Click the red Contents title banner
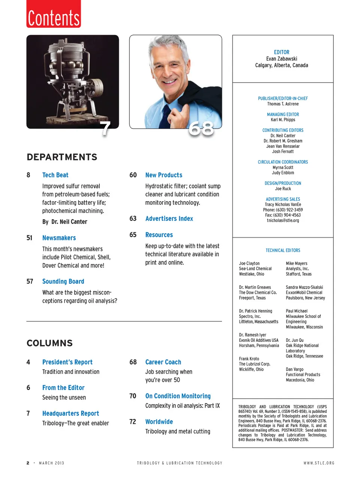[x=54, y=14]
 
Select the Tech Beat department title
[x=55, y=175]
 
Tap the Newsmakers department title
[x=59, y=238]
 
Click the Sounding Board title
[x=63, y=281]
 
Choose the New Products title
[x=163, y=175]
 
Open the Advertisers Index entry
[x=169, y=218]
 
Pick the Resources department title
[x=159, y=235]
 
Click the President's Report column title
[x=67, y=362]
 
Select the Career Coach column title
[x=163, y=362]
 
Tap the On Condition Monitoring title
[x=178, y=396]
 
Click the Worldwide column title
[x=159, y=422]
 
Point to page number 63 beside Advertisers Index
[x=133, y=218]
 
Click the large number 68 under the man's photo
[x=201, y=129]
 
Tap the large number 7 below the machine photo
[x=106, y=129]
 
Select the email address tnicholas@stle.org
[x=283, y=221]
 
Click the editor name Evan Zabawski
[x=282, y=59]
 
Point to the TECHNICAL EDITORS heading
[x=283, y=250]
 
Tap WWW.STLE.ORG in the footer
[x=319, y=463]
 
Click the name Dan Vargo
[x=294, y=369]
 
